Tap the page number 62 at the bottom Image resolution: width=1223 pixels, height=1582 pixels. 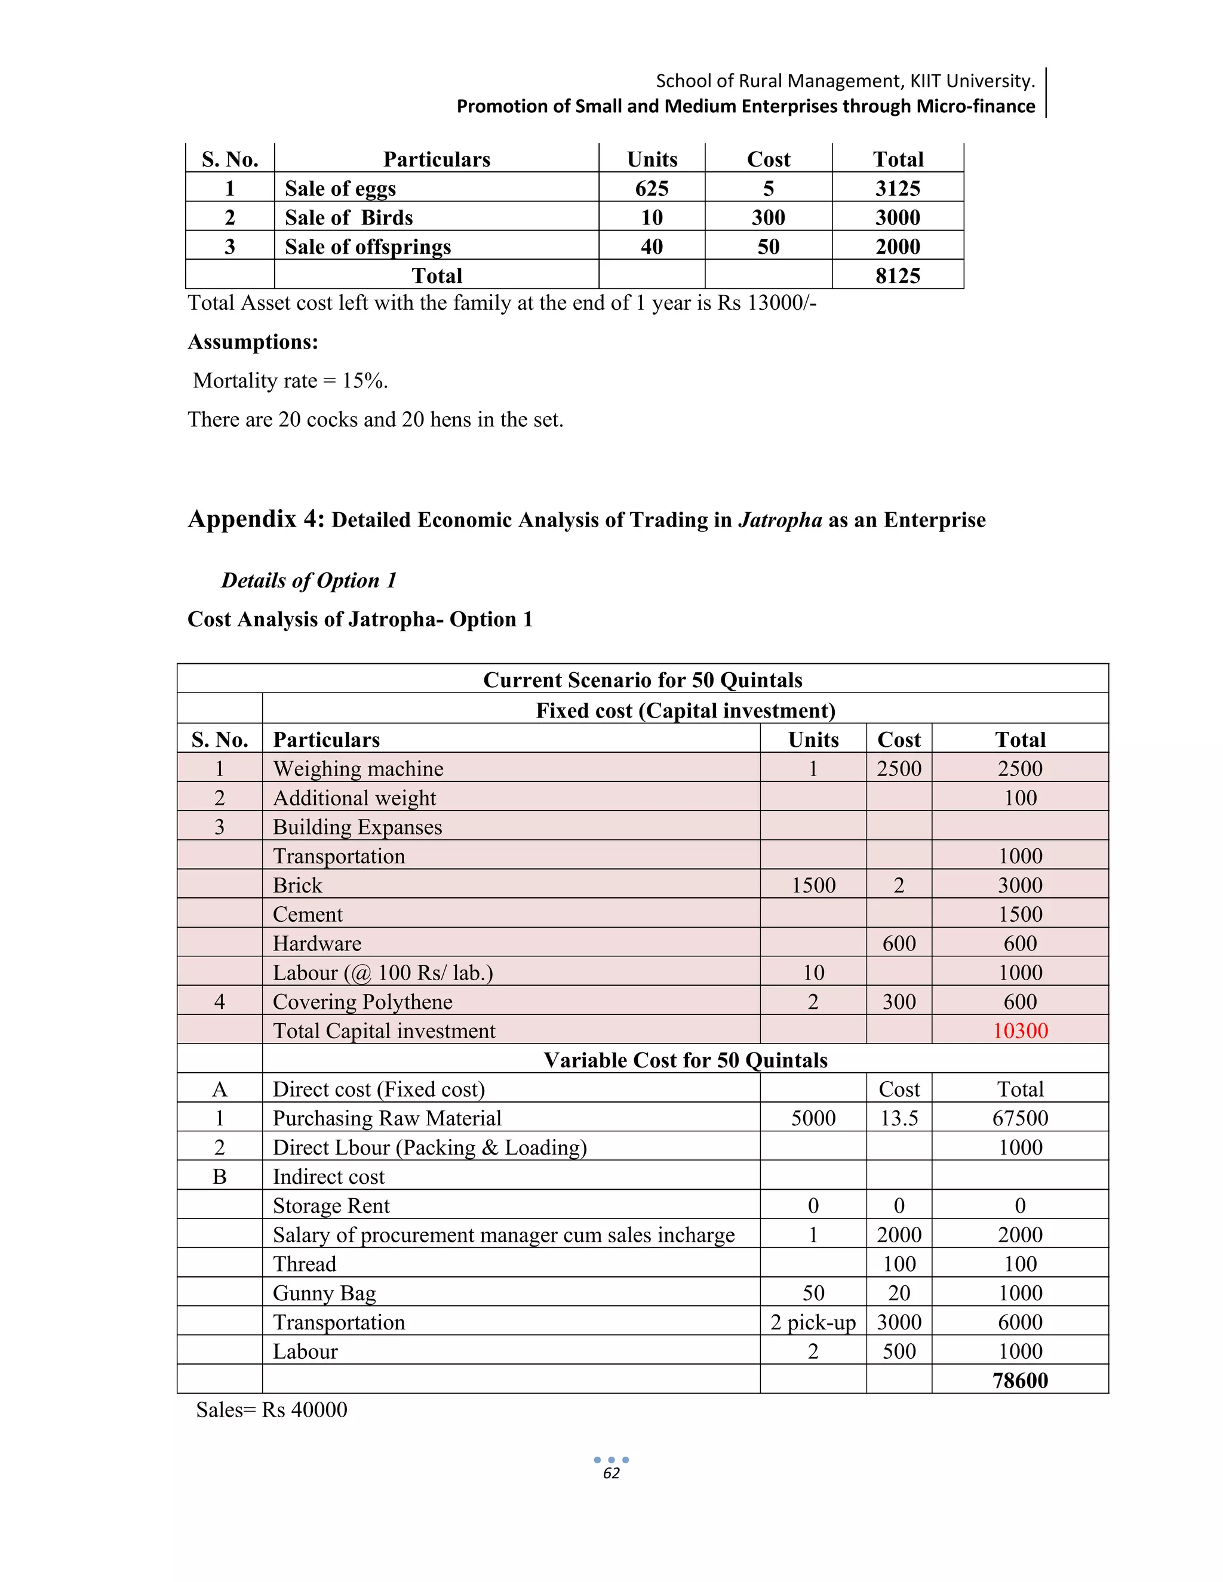pyautogui.click(x=611, y=1473)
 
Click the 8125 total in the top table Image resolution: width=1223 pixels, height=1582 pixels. pyautogui.click(x=897, y=275)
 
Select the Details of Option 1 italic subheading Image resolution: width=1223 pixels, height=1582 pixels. pyautogui.click(x=309, y=580)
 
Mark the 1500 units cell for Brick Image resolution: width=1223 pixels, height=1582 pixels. pyautogui.click(x=813, y=885)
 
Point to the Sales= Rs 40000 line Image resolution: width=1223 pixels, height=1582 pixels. pyautogui.click(x=272, y=1409)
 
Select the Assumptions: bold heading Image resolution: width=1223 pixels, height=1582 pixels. pyautogui.click(x=253, y=342)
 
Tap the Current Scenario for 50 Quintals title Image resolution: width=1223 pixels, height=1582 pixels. pyautogui.click(x=642, y=679)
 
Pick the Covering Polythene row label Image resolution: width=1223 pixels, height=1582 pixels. pyautogui.click(x=362, y=1001)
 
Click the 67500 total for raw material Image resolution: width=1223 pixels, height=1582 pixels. pyautogui.click(x=1019, y=1118)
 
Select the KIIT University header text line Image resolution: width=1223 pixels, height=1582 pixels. pyautogui.click(x=845, y=81)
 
